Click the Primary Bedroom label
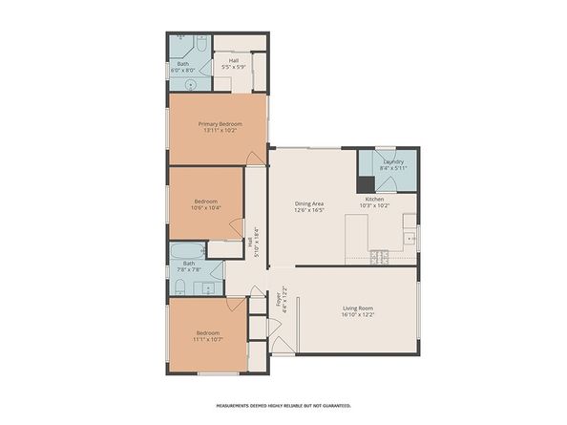tap(220, 123)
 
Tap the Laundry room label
tap(393, 161)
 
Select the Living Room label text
tap(359, 308)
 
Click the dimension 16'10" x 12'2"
tap(359, 314)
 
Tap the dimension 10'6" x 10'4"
tap(206, 207)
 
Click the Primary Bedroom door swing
tap(254, 157)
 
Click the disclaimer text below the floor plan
tap(283, 406)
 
